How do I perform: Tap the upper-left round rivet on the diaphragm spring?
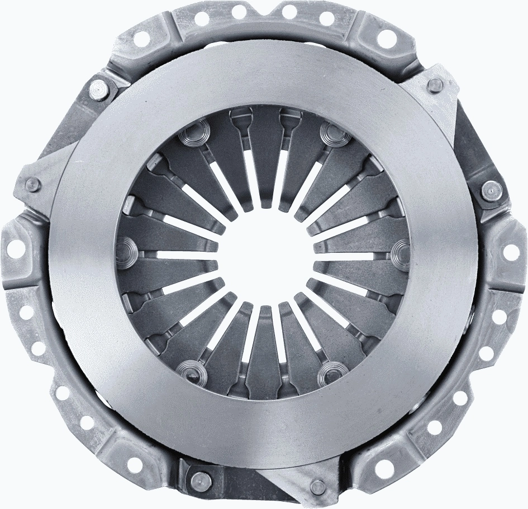[x=192, y=135]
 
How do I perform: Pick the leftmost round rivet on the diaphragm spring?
[x=127, y=246]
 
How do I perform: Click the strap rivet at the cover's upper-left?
[x=99, y=88]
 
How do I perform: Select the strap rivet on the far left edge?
[x=32, y=184]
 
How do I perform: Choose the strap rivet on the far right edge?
[x=489, y=189]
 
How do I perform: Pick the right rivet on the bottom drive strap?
[x=317, y=486]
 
